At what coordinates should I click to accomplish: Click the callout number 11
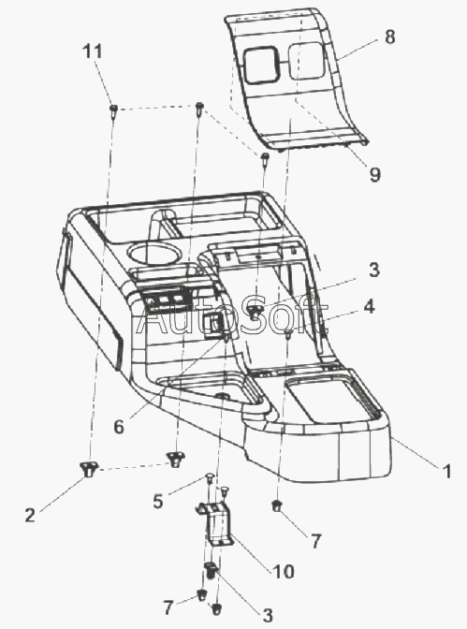pos(93,51)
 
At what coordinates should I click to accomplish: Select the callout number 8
pos(389,37)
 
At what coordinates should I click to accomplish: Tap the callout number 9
pos(374,174)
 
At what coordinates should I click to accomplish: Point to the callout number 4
pos(369,306)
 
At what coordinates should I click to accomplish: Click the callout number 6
pos(119,427)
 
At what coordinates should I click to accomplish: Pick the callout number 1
pos(447,471)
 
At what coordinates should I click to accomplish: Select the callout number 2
pos(30,515)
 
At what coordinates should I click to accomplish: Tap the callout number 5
pos(158,502)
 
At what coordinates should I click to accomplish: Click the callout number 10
pos(284,571)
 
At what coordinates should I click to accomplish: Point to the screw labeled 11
pos(113,110)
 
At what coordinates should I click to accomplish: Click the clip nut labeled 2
pos(89,469)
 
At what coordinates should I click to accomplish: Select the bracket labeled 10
pos(214,522)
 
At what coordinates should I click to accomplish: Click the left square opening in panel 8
pos(261,66)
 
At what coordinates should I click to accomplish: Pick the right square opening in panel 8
pos(306,61)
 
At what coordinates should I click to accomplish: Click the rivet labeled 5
pos(210,476)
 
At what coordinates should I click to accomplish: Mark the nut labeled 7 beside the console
pos(276,505)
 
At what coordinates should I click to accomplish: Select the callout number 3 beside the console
pos(374,270)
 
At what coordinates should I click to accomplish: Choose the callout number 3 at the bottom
pos(268,615)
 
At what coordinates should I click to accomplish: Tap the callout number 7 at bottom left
pos(168,607)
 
